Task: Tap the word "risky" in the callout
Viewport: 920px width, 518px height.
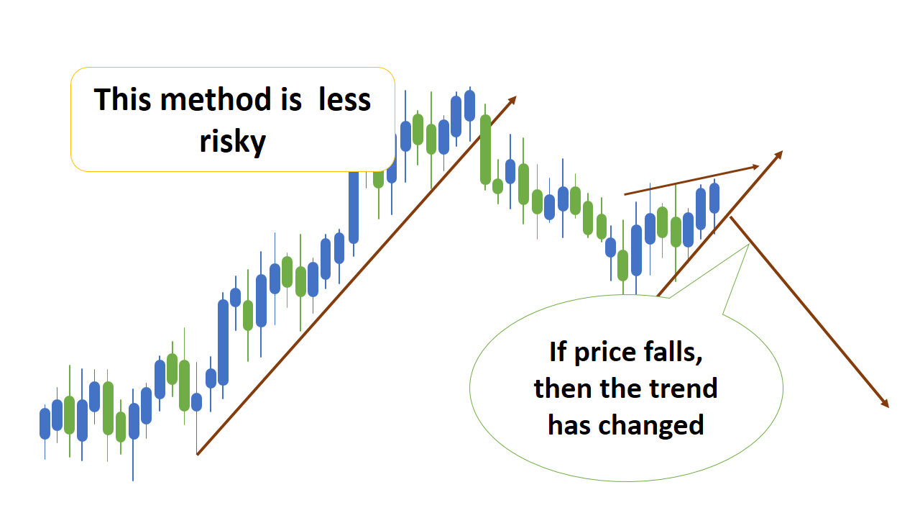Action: click(x=232, y=142)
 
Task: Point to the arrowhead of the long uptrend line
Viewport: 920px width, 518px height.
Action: click(x=513, y=99)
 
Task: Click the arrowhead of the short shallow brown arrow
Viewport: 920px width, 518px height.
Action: click(x=756, y=166)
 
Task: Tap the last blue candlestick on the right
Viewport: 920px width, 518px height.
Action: click(x=714, y=198)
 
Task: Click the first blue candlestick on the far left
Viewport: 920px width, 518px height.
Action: click(x=45, y=423)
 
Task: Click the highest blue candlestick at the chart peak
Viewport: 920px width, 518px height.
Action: click(x=469, y=106)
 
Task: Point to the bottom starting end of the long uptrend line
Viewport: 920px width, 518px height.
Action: click(x=198, y=454)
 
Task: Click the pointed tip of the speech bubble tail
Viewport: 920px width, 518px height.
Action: click(x=749, y=245)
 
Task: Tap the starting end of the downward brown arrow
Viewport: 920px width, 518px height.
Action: click(x=731, y=218)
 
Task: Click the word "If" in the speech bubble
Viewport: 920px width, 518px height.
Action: click(x=557, y=352)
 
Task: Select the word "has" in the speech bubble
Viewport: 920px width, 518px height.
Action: click(x=569, y=425)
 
